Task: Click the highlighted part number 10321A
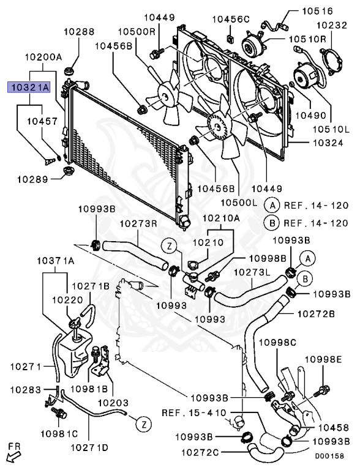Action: coord(29,88)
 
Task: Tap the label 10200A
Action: coord(43,57)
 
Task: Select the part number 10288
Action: coord(79,31)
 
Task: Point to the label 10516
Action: coord(317,11)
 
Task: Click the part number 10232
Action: coord(332,25)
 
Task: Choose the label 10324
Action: coord(328,143)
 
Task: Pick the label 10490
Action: coord(311,115)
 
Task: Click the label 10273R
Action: coord(138,223)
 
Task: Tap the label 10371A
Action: coord(56,261)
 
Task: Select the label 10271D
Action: coord(89,448)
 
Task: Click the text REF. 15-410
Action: coord(194,412)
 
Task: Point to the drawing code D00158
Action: coord(329,456)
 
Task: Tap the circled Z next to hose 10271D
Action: coord(144,425)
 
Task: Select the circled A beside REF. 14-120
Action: coord(272,206)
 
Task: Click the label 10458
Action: coord(334,427)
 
